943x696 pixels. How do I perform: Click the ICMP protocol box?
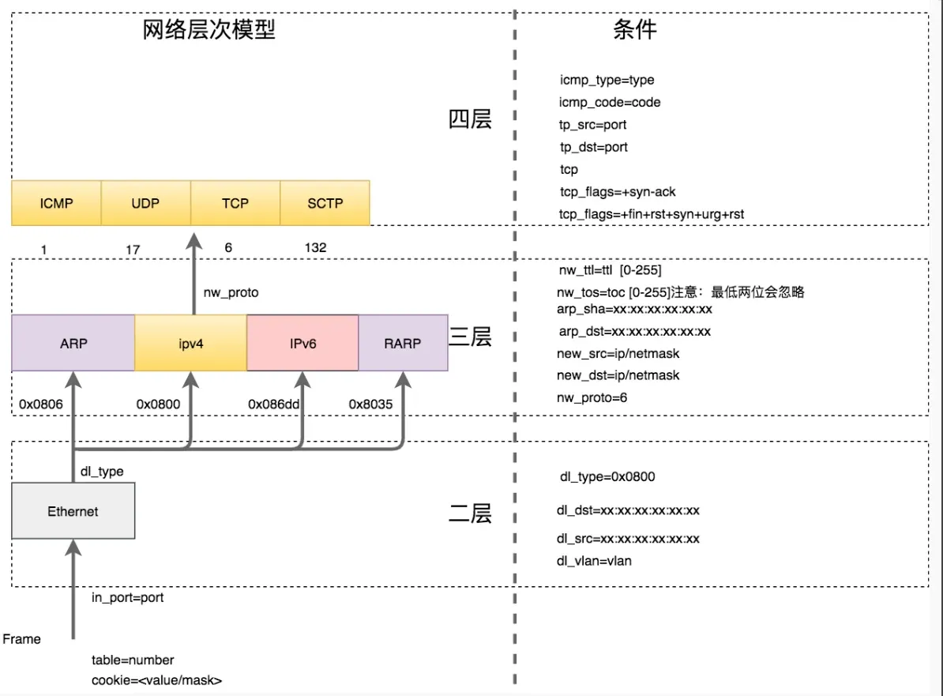(x=56, y=203)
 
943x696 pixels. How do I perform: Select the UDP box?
(x=145, y=203)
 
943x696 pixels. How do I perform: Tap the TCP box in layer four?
(x=235, y=203)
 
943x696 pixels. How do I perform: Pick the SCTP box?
(x=325, y=203)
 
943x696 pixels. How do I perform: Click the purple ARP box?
(x=73, y=344)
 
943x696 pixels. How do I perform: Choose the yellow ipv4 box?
(x=190, y=344)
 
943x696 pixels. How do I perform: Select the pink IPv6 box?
(x=302, y=344)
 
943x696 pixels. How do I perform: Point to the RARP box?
(x=403, y=344)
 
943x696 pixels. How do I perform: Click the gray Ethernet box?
(x=73, y=511)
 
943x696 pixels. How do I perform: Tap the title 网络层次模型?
(x=209, y=30)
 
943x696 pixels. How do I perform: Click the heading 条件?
(x=634, y=30)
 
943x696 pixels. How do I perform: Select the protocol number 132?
(x=315, y=248)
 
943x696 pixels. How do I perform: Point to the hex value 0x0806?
(x=41, y=404)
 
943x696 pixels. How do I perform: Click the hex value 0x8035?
(x=370, y=404)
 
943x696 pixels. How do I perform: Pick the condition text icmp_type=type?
(x=607, y=80)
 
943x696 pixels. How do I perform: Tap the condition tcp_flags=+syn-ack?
(x=618, y=192)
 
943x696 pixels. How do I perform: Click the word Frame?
(x=22, y=639)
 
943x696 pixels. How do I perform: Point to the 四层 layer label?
(x=470, y=119)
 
